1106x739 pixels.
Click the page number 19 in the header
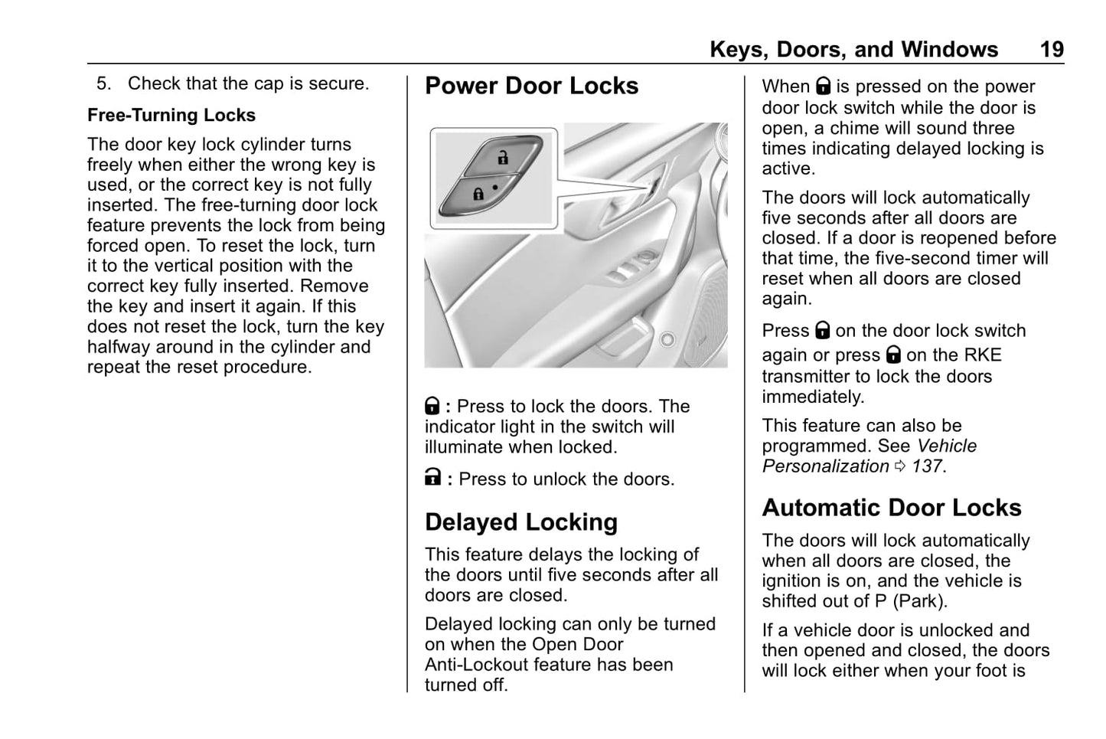tap(1052, 50)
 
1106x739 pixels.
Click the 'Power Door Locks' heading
tap(531, 86)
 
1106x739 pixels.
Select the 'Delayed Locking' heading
tap(520, 522)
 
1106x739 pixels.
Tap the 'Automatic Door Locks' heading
tap(891, 508)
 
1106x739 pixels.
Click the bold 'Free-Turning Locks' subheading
tap(171, 116)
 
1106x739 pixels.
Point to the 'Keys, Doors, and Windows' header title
tap(853, 50)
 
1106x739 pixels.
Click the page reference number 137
tap(927, 466)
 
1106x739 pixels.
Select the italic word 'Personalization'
tap(825, 466)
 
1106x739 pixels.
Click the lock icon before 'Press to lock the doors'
tap(432, 406)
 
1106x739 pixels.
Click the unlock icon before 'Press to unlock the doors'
tap(432, 479)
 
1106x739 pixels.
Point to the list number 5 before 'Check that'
tap(103, 83)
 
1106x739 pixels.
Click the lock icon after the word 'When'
tap(823, 87)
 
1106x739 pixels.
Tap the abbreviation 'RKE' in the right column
tap(982, 355)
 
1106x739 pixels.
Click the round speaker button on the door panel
tap(667, 338)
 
